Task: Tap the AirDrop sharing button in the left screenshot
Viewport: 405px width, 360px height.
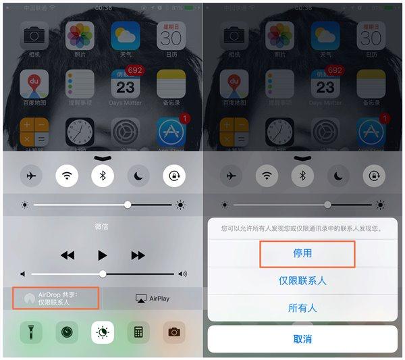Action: (60, 298)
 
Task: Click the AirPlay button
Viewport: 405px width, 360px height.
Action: (153, 298)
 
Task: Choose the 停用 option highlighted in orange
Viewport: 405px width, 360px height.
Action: (307, 253)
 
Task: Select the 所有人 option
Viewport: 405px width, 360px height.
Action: (302, 308)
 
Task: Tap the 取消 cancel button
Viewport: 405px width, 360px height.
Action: (302, 338)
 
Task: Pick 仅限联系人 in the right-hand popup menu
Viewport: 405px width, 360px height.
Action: (302, 280)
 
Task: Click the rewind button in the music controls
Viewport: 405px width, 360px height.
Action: (67, 255)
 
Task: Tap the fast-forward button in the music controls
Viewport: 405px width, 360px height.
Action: (138, 255)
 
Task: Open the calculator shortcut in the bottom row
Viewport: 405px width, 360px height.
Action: (138, 332)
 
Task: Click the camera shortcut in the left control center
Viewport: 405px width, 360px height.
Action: (173, 332)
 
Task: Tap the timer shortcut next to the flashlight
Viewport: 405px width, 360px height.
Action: (67, 332)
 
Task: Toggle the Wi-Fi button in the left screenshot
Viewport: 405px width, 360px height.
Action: (67, 176)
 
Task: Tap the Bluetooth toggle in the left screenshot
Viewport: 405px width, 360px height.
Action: (103, 176)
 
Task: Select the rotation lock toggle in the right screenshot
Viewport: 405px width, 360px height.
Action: (373, 176)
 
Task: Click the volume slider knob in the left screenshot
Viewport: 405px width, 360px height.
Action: (103, 274)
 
